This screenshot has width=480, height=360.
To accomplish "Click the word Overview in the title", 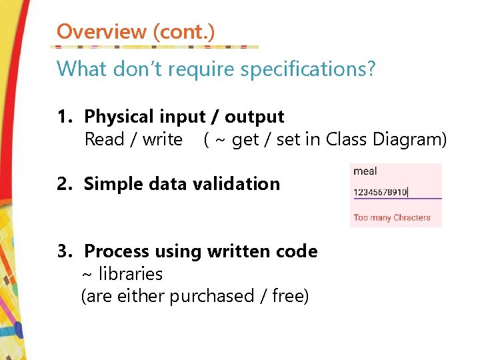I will click(x=101, y=31).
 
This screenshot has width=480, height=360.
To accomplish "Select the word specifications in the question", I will click(x=311, y=69).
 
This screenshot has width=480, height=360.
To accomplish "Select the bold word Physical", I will click(x=118, y=117).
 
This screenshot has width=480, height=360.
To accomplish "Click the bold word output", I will click(x=254, y=117).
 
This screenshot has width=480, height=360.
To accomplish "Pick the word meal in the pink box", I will click(x=365, y=171).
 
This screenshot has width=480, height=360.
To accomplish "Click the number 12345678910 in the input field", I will click(x=379, y=192).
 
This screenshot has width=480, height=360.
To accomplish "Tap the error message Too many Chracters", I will click(x=392, y=217).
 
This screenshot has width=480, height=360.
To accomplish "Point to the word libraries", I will click(x=131, y=274).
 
